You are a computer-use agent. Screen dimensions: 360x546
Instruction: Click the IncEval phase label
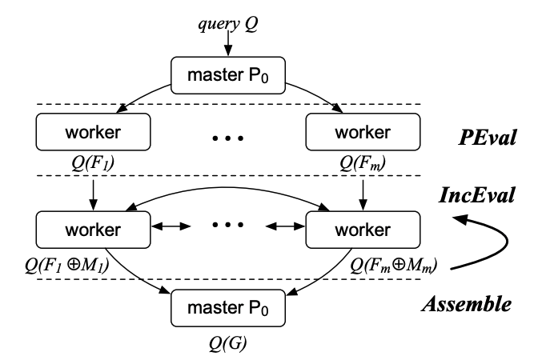[480, 194]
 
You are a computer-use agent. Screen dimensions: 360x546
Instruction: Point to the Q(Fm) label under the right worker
[364, 162]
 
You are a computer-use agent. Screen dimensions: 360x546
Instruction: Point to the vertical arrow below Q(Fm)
[364, 192]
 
